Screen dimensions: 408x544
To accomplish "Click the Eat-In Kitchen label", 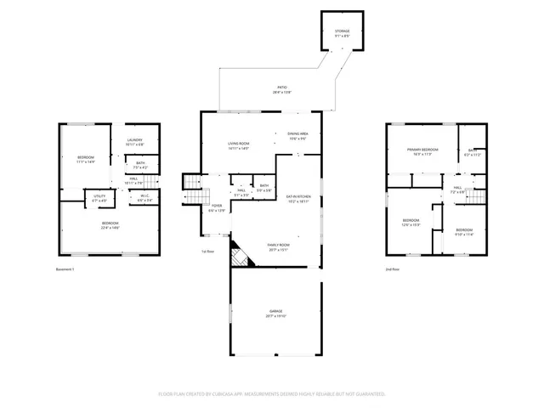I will [297, 199].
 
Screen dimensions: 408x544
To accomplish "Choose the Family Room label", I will [278, 247].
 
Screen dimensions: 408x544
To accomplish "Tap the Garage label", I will [275, 313].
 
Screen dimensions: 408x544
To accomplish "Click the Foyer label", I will [218, 207].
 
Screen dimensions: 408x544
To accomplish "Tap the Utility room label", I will [99, 199].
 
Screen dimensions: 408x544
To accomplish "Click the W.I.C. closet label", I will [145, 199].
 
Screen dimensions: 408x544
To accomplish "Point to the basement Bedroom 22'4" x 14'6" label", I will [110, 225].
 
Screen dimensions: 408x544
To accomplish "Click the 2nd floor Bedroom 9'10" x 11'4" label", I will [463, 232].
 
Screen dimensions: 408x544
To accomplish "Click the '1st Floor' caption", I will [207, 252].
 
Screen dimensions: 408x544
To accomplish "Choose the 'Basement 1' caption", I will [65, 269].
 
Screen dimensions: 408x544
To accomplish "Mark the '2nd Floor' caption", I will [393, 269].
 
